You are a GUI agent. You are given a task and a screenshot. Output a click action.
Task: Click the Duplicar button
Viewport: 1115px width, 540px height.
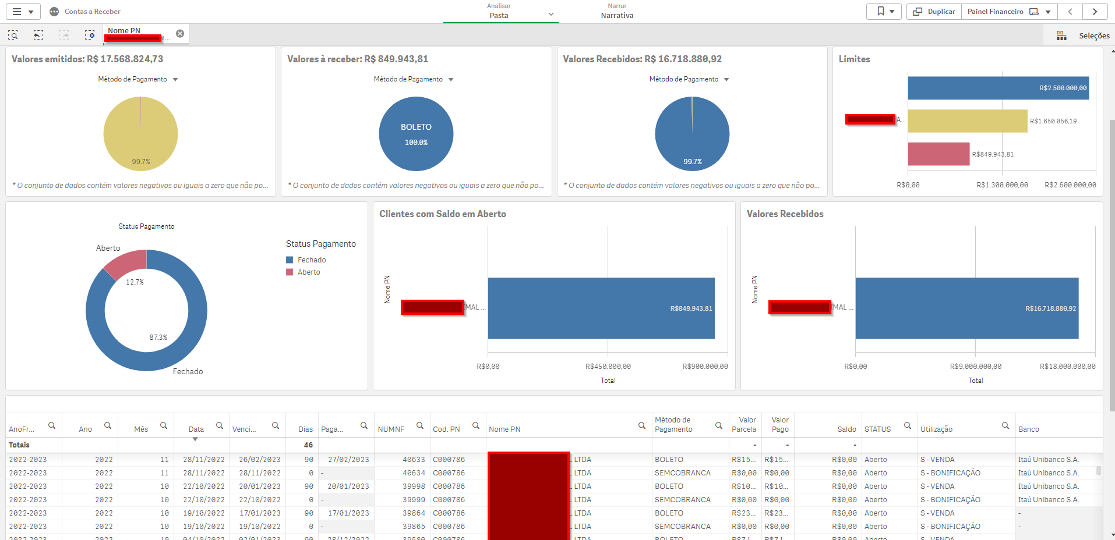coord(934,12)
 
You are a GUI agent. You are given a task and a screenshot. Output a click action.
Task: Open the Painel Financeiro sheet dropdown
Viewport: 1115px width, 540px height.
coord(1048,12)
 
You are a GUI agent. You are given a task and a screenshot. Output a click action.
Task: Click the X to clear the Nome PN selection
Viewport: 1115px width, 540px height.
coord(180,34)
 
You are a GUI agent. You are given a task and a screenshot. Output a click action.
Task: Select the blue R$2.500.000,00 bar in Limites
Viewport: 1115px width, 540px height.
coord(997,88)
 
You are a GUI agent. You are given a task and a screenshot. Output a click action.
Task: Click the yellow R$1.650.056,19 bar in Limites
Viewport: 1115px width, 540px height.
coord(967,121)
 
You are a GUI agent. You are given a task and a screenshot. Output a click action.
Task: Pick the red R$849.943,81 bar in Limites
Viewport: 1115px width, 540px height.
coord(938,154)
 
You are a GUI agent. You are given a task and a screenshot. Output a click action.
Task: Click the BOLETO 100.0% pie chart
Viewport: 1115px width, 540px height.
coord(416,134)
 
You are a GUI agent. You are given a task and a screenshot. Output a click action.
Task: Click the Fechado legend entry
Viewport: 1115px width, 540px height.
coord(311,260)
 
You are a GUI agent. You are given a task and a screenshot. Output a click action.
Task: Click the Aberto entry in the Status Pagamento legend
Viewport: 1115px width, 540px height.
coord(308,272)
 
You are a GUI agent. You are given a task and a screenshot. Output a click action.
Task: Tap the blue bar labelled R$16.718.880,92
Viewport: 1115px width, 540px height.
coord(966,308)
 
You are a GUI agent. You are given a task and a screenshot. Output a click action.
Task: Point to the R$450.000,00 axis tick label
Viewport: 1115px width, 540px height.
coord(608,367)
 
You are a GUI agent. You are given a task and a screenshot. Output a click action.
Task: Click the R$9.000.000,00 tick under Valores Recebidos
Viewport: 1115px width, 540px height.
coord(975,367)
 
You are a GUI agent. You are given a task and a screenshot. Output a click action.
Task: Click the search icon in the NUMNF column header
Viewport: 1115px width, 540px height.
coord(420,426)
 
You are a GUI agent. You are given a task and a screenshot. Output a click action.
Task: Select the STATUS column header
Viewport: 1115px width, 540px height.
coord(877,429)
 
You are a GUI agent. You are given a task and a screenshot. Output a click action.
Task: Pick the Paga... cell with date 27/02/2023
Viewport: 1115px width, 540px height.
coord(348,460)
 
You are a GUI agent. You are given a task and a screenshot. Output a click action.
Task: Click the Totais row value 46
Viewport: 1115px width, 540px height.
coord(308,445)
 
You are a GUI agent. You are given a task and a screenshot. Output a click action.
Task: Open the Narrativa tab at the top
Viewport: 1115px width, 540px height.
coord(617,12)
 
